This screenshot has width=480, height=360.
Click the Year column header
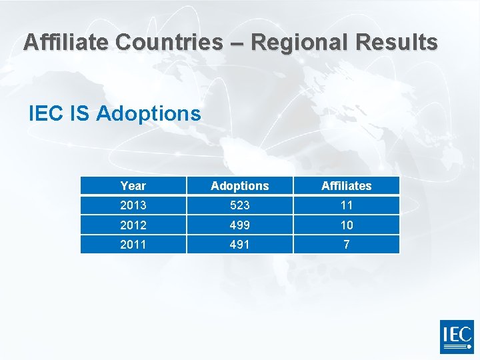pos(133,186)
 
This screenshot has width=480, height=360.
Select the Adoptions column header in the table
pos(239,186)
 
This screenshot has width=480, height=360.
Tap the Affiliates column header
pos(346,186)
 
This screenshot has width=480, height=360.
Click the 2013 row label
pos(133,205)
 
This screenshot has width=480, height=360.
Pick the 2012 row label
pos(133,225)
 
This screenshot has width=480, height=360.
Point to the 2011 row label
pos(133,245)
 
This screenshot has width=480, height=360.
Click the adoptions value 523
pos(239,205)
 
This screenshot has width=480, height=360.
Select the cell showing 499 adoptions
pos(239,225)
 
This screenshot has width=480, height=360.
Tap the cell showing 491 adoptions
pos(239,245)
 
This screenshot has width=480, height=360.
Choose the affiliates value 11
pos(346,205)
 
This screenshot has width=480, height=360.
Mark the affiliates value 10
pos(346,225)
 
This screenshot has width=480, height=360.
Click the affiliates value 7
pos(346,245)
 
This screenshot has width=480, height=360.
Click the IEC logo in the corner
pos(457,337)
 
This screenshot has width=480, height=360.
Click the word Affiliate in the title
pos(65,42)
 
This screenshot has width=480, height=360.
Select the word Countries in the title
pos(169,42)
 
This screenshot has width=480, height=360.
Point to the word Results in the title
pos(397,42)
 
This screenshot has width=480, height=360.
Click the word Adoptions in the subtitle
pos(148,113)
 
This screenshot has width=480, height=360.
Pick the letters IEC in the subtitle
pos(45,113)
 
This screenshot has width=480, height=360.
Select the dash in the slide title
pos(237,43)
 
